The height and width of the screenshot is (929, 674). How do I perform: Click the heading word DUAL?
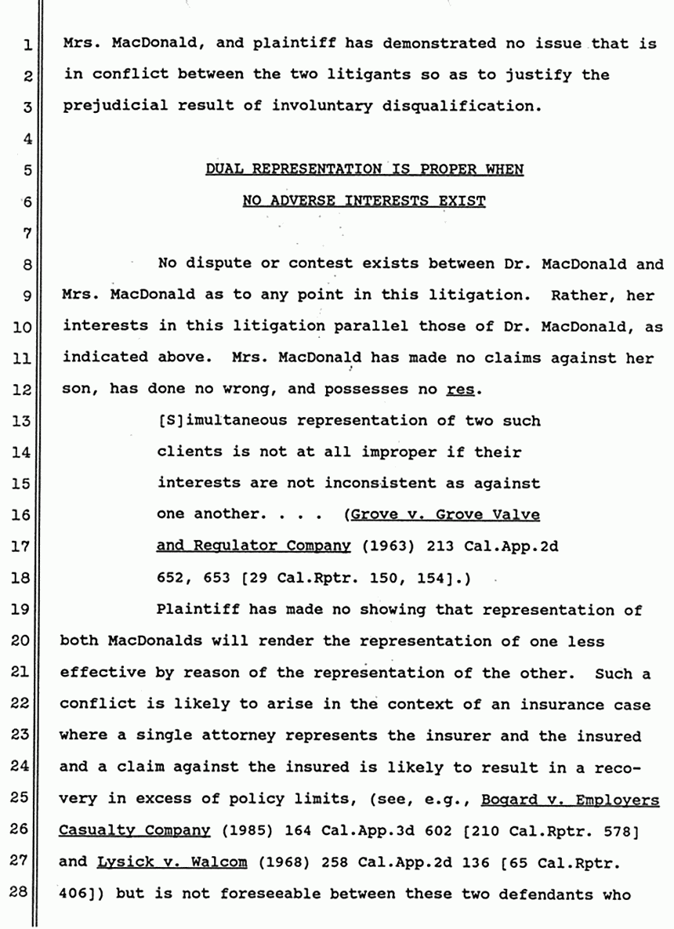coord(223,169)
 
